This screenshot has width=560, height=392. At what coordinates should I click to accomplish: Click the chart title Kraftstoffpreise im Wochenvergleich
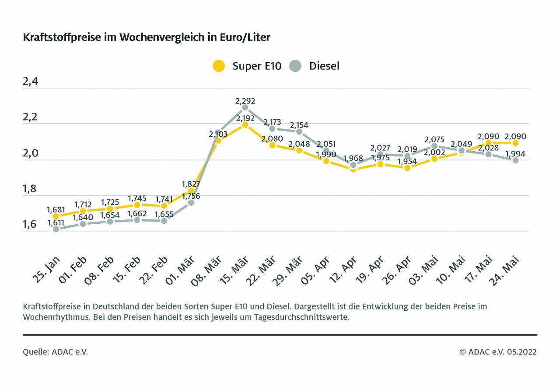tap(147, 38)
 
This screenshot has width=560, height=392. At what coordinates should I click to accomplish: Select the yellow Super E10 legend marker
tap(219, 66)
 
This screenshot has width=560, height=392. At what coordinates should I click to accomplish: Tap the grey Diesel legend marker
tap(295, 66)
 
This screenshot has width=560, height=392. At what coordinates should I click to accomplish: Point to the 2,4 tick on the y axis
tap(30, 82)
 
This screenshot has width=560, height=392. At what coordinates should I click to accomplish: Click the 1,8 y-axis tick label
tap(30, 190)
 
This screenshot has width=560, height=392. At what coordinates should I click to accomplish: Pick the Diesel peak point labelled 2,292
tap(245, 108)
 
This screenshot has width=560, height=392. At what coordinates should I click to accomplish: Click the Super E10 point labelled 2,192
tap(245, 125)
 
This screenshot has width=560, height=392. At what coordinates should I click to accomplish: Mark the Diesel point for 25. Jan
tap(56, 229)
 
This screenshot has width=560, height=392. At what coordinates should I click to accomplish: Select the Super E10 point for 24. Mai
tap(515, 143)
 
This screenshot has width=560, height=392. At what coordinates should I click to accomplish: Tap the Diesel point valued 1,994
tap(515, 160)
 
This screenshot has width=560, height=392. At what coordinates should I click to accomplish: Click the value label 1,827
tap(191, 184)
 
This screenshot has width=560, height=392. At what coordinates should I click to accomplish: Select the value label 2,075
tap(435, 140)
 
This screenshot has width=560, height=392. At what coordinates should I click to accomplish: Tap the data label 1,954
tap(408, 161)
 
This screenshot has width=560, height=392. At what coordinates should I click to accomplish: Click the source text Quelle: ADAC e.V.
tap(56, 352)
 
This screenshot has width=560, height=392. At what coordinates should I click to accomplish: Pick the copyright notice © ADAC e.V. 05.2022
tap(498, 352)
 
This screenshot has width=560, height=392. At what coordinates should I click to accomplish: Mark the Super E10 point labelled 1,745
tap(137, 205)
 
